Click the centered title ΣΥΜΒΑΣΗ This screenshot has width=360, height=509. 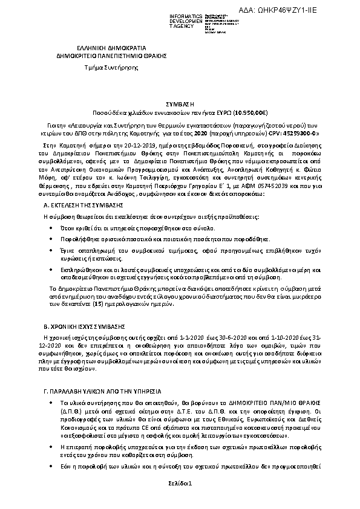[x=180, y=104]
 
